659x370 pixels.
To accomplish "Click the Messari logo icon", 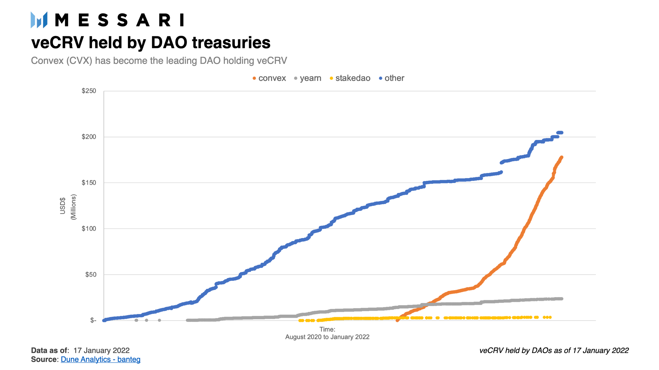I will (x=39, y=20).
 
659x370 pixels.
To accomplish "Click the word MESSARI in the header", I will (x=120, y=20).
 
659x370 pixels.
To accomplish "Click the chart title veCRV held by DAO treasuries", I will (x=151, y=42).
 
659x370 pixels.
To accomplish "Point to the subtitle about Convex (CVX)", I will (x=159, y=61).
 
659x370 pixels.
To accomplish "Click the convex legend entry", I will (x=269, y=78).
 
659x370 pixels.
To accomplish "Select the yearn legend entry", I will (x=308, y=78).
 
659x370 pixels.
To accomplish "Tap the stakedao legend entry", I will (x=350, y=78).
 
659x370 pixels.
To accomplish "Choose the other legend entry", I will (x=392, y=78).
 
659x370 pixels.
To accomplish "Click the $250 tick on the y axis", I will (x=89, y=91).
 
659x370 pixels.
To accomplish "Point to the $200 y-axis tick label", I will (x=89, y=137).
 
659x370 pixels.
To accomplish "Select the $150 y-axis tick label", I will (x=89, y=183).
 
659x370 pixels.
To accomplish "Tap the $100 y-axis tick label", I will (x=89, y=229).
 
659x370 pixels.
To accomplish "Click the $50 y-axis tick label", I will (x=90, y=275).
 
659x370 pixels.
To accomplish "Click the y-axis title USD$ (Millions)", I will (x=68, y=207).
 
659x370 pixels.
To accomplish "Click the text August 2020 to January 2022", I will (x=327, y=337).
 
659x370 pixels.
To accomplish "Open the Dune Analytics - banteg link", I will (x=101, y=359).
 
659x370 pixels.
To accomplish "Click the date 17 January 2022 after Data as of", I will (x=102, y=350).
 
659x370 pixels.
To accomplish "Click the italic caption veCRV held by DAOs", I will (x=554, y=350).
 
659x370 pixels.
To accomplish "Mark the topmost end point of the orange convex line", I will (x=561, y=157).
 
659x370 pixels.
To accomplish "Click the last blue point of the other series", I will (x=562, y=133).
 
